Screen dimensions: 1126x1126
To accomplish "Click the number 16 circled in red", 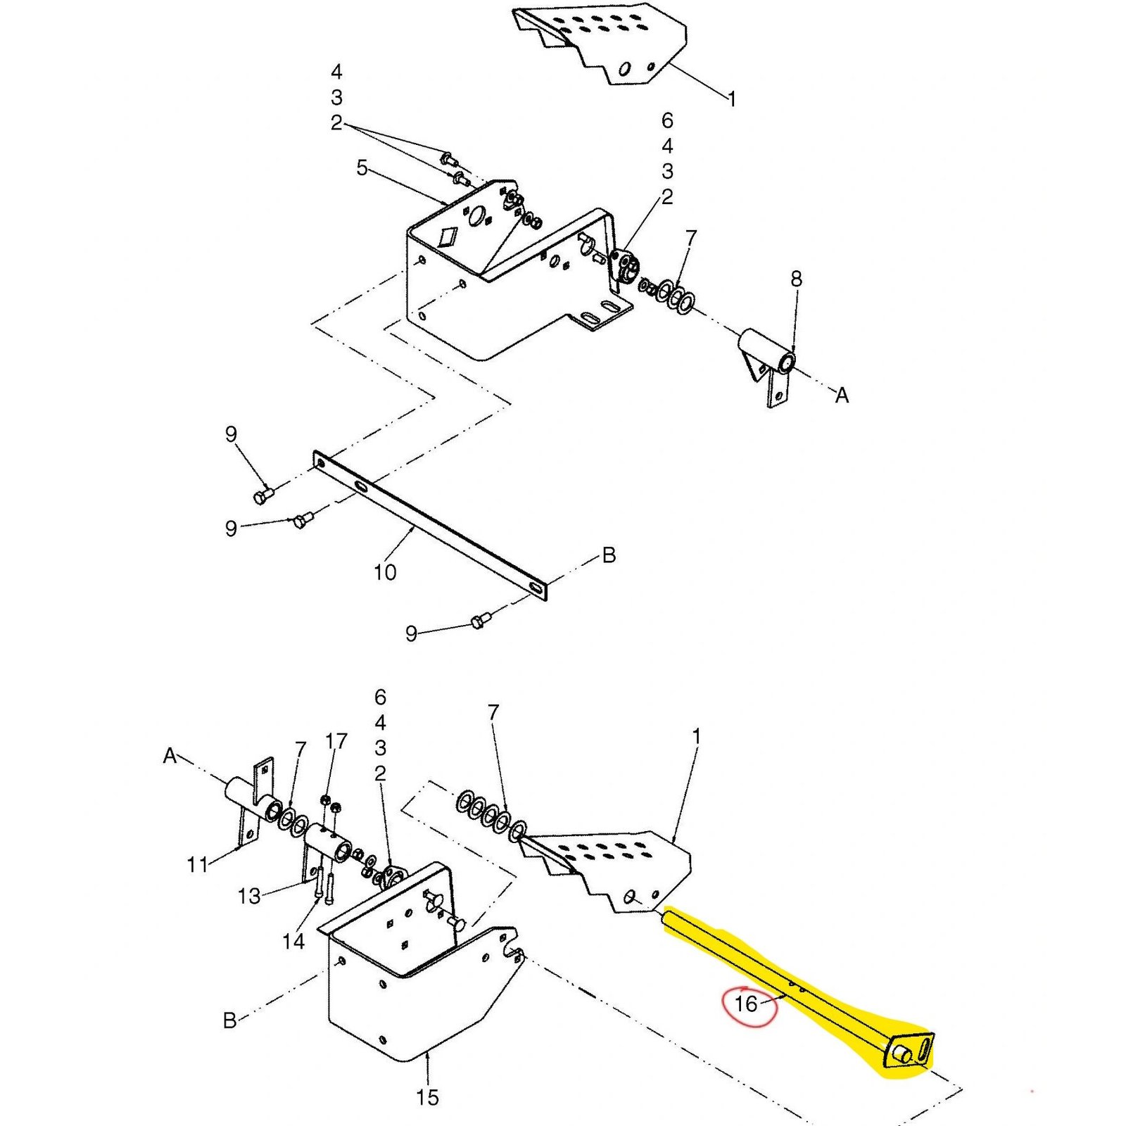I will click(745, 1003).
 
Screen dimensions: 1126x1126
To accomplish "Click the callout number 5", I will click(362, 168).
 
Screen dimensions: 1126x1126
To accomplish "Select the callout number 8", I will click(796, 279).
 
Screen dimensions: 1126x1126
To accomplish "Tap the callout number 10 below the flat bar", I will click(385, 573).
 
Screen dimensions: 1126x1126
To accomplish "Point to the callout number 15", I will click(427, 1097).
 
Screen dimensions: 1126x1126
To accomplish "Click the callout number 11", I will click(198, 864).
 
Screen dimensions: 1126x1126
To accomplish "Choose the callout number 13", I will click(249, 896).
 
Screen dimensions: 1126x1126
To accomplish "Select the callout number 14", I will click(293, 941).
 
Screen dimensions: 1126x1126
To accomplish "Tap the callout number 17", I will click(336, 741).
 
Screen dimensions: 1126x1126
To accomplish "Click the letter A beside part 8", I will click(842, 396).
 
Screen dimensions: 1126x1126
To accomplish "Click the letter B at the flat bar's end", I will click(609, 555).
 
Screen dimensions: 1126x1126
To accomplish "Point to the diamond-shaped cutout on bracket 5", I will click(446, 236).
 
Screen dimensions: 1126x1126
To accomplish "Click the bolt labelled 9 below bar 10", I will click(479, 621).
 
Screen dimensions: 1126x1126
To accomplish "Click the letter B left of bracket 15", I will click(229, 1020).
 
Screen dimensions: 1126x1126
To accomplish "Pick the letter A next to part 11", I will click(170, 756).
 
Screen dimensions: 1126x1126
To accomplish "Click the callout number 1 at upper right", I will click(732, 99).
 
